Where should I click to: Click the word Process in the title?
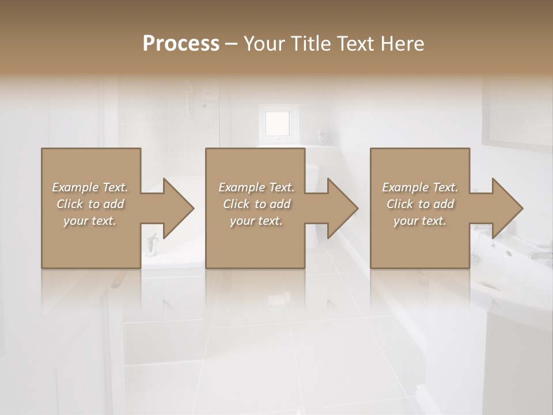click(x=181, y=44)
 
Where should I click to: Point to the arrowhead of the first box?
click(x=179, y=208)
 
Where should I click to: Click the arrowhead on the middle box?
click(x=343, y=208)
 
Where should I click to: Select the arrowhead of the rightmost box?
click(x=507, y=208)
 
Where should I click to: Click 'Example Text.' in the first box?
click(x=90, y=187)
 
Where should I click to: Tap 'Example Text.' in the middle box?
click(x=256, y=187)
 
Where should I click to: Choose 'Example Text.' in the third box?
click(x=420, y=187)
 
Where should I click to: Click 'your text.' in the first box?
click(x=90, y=221)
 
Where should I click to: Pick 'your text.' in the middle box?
click(x=256, y=221)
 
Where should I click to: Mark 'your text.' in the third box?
click(x=420, y=221)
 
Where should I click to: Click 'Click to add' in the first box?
click(x=90, y=204)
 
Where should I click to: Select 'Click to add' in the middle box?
click(x=256, y=204)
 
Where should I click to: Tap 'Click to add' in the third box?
click(x=420, y=204)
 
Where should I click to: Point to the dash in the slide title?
click(x=231, y=44)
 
